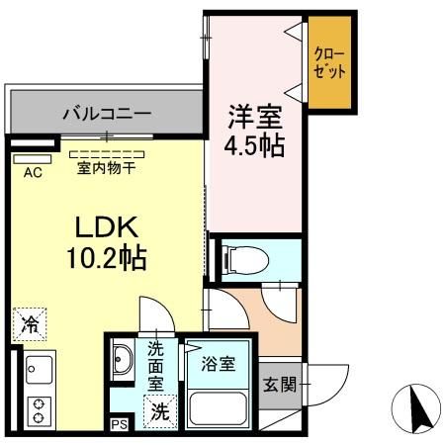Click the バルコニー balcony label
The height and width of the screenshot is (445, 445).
click(x=106, y=112)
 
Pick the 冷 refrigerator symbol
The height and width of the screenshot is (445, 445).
click(x=32, y=322)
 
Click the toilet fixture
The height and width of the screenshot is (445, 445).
click(x=236, y=260)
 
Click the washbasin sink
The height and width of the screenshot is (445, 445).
click(x=125, y=358)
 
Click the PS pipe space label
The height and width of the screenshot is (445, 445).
click(x=119, y=426)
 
